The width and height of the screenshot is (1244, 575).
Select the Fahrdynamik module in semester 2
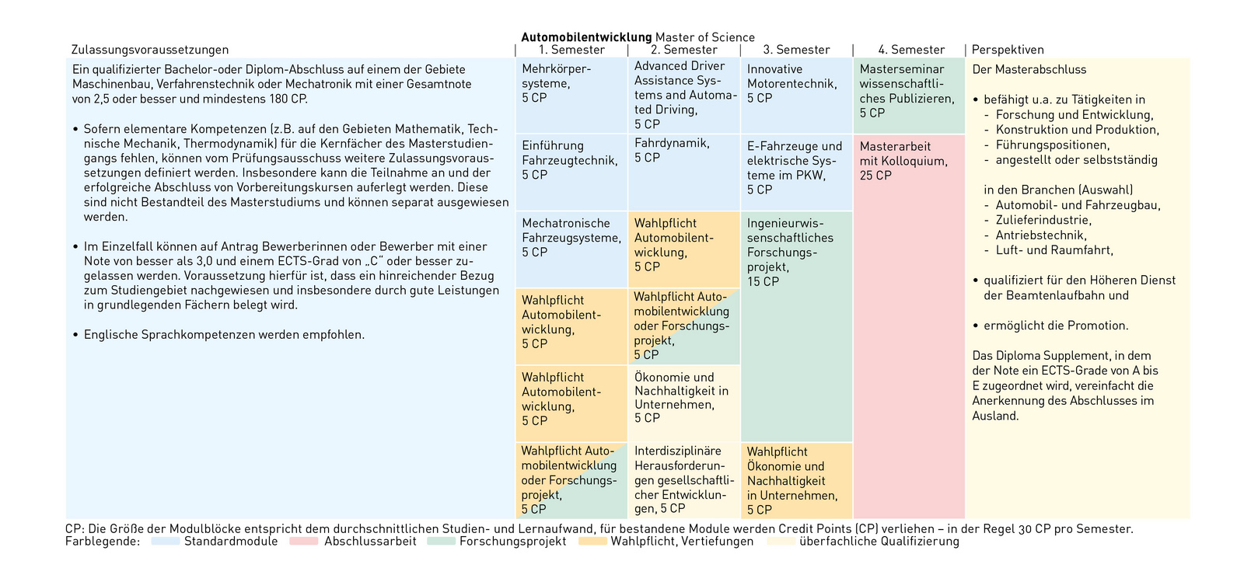[x=683, y=172]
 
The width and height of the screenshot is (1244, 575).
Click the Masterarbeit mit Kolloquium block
[x=909, y=326]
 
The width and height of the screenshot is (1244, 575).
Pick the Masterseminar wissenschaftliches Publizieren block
[x=909, y=95]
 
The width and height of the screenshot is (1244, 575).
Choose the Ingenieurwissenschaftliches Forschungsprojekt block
[x=796, y=326]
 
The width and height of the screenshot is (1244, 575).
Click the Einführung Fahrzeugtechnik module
[x=571, y=172]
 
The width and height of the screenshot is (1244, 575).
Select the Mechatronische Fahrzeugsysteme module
[x=571, y=249]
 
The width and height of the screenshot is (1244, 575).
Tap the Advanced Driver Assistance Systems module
[x=683, y=95]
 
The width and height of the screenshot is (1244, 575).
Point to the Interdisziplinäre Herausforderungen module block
[x=683, y=480]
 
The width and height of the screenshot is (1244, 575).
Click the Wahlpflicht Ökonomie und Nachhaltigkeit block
[x=796, y=480]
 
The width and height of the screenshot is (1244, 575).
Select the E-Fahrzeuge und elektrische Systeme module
[x=796, y=172]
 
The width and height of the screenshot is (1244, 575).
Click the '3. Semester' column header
[x=796, y=50]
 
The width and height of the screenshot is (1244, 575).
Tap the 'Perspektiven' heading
[x=1008, y=50]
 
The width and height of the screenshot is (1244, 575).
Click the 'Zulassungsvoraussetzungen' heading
[x=150, y=50]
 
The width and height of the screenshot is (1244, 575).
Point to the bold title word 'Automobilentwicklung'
[x=586, y=37]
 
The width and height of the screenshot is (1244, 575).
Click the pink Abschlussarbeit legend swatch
[x=303, y=542]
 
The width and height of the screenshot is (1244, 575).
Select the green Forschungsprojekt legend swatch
[x=441, y=542]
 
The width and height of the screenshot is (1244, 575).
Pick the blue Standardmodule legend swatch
[x=166, y=542]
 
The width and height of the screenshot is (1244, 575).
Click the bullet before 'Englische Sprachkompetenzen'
[x=75, y=335]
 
